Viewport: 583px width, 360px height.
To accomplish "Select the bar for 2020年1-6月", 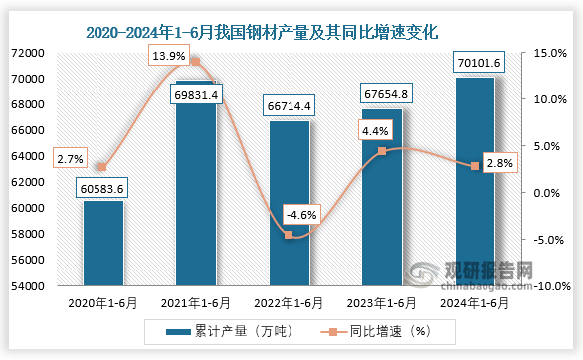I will [x=103, y=244].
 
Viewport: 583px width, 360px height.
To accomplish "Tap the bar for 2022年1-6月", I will [x=289, y=204].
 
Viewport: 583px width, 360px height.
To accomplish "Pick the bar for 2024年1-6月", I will [x=474, y=182].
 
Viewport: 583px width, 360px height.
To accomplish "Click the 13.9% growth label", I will [x=168, y=56].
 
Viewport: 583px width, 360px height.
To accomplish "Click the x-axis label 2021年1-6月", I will [x=196, y=302].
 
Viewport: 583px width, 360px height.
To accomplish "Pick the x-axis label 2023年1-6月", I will [x=381, y=302].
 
